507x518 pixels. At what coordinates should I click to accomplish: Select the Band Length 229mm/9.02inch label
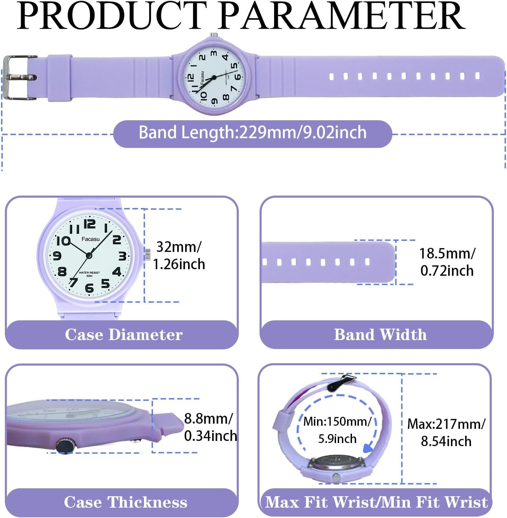click(253, 133)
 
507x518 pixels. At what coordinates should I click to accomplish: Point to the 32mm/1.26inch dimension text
click(179, 256)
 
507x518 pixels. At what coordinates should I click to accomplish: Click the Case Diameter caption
click(124, 335)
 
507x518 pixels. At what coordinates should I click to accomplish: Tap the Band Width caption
click(380, 335)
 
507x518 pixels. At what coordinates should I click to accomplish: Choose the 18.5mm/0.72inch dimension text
click(447, 262)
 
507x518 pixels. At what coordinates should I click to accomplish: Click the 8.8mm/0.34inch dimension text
click(210, 427)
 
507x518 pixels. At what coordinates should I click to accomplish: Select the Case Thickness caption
click(125, 502)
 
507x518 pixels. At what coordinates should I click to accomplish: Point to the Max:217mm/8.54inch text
click(446, 433)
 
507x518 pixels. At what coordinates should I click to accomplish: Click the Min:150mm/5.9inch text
click(337, 430)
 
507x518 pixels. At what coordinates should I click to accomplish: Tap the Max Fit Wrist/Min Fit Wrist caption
click(376, 502)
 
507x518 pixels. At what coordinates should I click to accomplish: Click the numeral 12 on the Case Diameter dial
click(90, 224)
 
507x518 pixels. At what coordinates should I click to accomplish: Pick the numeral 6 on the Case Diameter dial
click(89, 288)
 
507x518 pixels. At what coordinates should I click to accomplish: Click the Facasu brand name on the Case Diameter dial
click(90, 239)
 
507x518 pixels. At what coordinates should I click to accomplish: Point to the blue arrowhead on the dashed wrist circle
click(368, 448)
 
